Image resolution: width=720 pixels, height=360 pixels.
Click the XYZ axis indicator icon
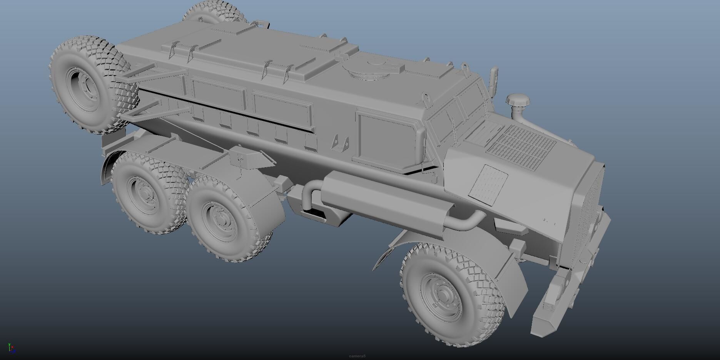[11, 348]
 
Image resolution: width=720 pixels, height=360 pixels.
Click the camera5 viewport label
[357, 356]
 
